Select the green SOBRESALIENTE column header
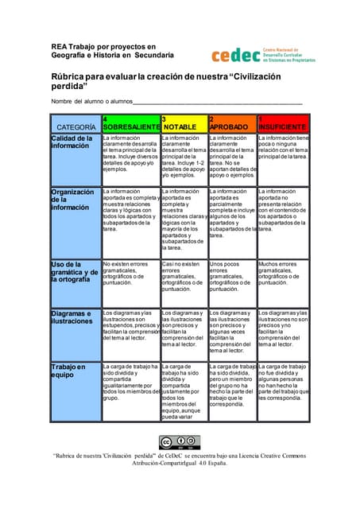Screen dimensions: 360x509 [x=130, y=123]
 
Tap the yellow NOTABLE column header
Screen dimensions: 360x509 [x=183, y=123]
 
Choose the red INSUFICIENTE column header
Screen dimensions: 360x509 [x=282, y=123]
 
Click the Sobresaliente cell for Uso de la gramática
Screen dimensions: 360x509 [x=130, y=273]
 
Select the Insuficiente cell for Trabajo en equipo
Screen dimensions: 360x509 [x=282, y=382]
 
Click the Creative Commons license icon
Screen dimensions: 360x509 [x=180, y=442]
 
